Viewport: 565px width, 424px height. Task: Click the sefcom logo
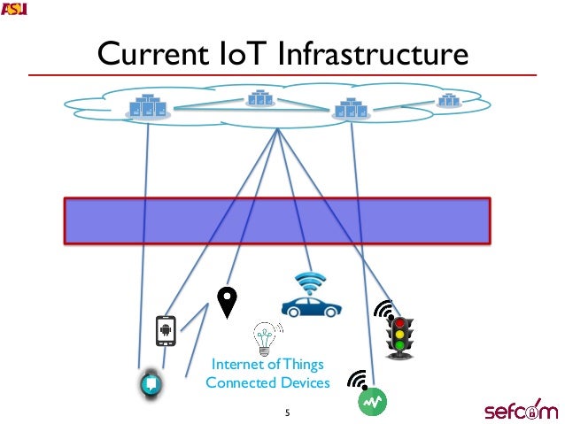click(x=520, y=410)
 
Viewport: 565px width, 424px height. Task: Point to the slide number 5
click(x=287, y=412)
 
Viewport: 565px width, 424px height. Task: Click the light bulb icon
click(x=263, y=338)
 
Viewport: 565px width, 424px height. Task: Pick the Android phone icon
click(x=165, y=330)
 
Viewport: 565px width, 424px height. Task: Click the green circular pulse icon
click(x=372, y=401)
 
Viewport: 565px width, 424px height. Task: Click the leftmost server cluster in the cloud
click(x=147, y=106)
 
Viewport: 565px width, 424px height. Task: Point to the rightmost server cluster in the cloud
click(x=450, y=100)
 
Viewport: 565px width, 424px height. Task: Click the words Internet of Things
click(x=267, y=364)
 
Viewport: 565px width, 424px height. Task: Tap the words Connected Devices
click(x=267, y=382)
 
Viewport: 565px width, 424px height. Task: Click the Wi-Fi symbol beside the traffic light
click(x=383, y=312)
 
